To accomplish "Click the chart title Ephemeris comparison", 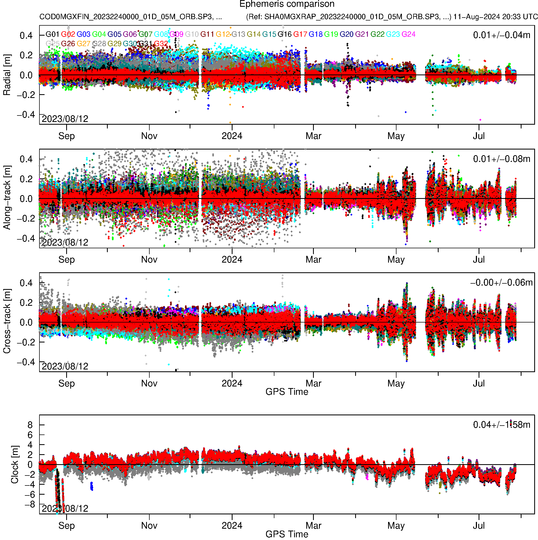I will tap(287, 4).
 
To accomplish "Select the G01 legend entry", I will tap(52, 34).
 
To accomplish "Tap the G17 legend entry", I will tap(300, 34).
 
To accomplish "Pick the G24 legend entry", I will tap(408, 34).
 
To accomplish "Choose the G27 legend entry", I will tap(83, 44).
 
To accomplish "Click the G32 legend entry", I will tap(161, 44).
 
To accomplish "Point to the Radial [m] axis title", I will tap(7, 75).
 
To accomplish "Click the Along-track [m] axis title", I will tap(7, 198).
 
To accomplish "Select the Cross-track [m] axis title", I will tap(7, 321).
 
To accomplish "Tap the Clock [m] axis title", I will tap(15, 465).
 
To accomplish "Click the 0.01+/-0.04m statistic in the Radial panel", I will tap(501, 35).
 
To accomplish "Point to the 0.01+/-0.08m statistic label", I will tap(501, 159).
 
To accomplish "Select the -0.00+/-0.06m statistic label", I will tap(501, 283).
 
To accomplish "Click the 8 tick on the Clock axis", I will tap(30, 425).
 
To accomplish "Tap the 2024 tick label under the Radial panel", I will tap(232, 136).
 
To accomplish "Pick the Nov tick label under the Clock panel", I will tap(149, 525).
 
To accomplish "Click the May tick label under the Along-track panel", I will tap(396, 260).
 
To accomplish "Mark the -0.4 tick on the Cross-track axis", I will tap(26, 362).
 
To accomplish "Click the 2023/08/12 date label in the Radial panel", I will tap(65, 119).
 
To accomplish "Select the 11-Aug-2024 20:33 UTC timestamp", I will tap(495, 17).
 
